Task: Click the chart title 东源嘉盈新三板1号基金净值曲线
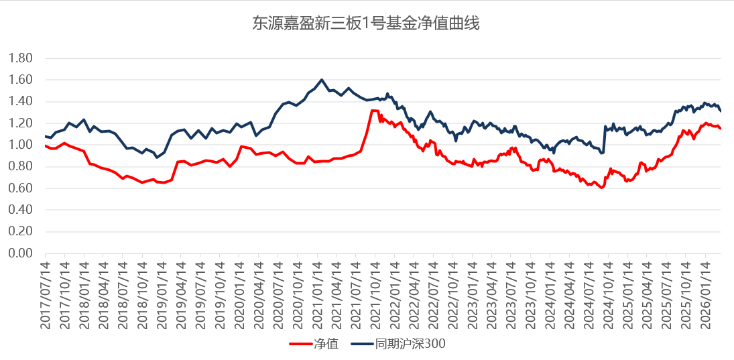[x=366, y=24]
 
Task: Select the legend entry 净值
[x=326, y=345]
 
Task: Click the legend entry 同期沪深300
[x=410, y=345]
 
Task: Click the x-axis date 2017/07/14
[x=46, y=293]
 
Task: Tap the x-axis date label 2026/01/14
[x=706, y=293]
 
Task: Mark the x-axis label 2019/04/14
[x=182, y=293]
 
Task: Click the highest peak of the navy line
[x=322, y=80]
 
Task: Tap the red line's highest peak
[x=373, y=111]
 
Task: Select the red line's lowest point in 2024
[x=601, y=188]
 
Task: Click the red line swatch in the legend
[x=300, y=345]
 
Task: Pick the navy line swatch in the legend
[x=361, y=345]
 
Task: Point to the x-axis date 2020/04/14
[x=260, y=293]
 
